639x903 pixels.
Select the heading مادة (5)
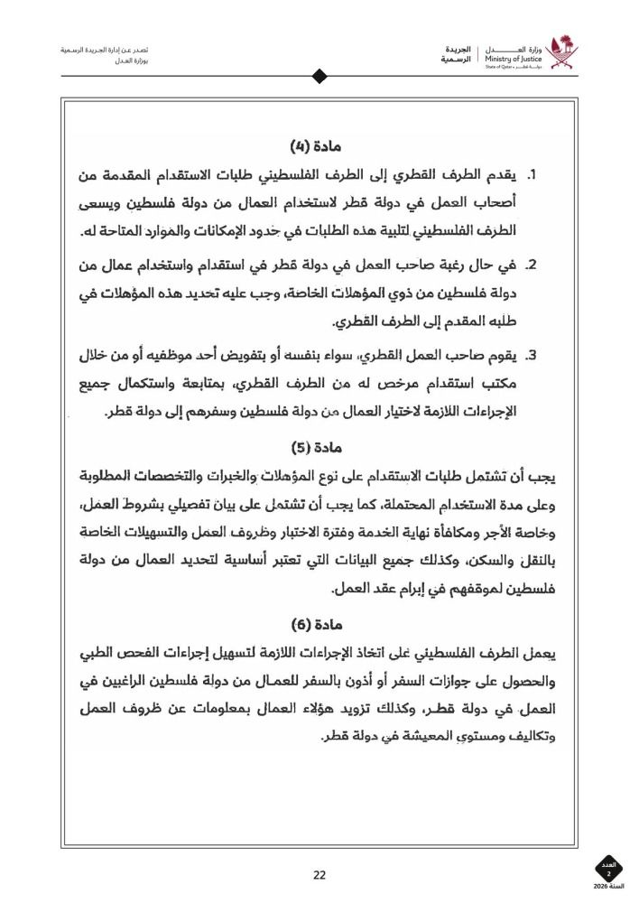(x=319, y=447)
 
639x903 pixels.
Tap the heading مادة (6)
(x=319, y=624)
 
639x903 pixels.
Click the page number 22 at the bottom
(x=319, y=874)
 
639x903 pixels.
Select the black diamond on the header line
(x=319, y=77)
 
